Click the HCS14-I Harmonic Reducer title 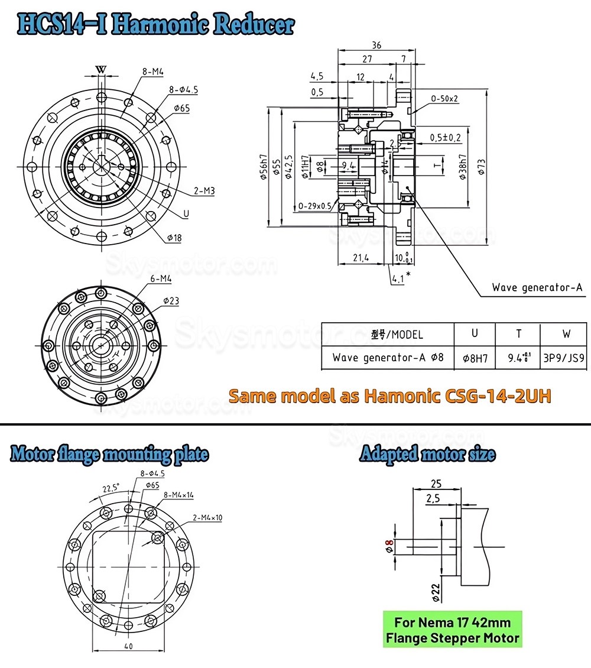[156, 24]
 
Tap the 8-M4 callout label [152, 72]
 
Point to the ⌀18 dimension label [174, 237]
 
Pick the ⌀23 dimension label [171, 301]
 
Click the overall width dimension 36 [376, 45]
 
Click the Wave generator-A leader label [537, 288]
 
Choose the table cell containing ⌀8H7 [474, 358]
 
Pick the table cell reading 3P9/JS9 [566, 358]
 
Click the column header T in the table [518, 333]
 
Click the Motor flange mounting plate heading [109, 454]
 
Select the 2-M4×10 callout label [207, 517]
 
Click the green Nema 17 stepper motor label [453, 630]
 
